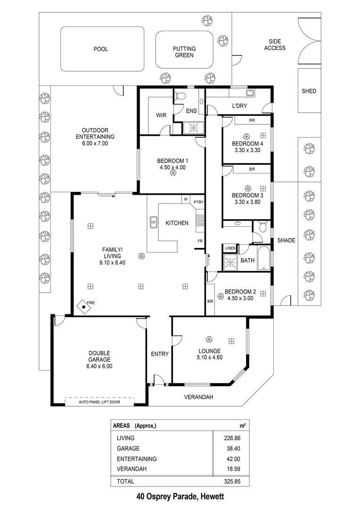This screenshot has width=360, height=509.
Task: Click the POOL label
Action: coord(100,49)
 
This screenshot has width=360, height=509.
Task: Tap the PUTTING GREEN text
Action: coord(184,52)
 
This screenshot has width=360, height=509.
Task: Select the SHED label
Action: coord(309,91)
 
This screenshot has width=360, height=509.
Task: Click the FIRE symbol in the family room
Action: coord(84,307)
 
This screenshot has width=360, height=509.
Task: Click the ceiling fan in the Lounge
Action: coord(210,339)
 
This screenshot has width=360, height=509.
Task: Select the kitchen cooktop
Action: coord(200,220)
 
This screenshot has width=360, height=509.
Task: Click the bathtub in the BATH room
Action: coord(264,259)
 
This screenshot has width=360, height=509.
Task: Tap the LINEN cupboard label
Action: coord(230,248)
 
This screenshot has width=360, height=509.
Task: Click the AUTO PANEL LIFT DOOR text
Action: coord(99,401)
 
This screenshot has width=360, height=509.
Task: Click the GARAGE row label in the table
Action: coord(128,448)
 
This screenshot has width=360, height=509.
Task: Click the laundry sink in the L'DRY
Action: coord(250,93)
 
